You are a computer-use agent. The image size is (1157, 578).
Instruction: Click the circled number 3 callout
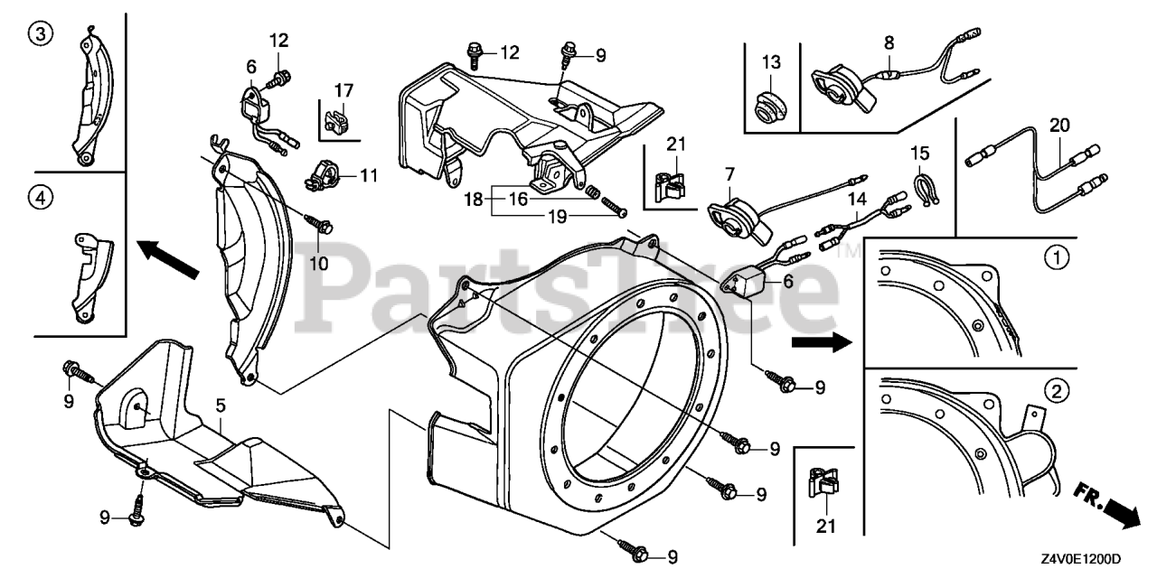click(x=40, y=35)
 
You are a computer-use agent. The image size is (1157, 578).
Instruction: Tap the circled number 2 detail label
click(x=1054, y=392)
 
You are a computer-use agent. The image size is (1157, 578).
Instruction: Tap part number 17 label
click(x=343, y=90)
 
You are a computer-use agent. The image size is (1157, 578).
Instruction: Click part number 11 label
click(x=368, y=175)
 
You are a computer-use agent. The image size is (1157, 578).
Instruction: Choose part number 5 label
click(x=221, y=407)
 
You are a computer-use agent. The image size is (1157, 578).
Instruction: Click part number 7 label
click(x=729, y=172)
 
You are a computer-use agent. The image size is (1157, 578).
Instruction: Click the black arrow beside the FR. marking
click(x=1122, y=515)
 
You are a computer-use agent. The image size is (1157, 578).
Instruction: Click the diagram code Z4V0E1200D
click(x=1076, y=560)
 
